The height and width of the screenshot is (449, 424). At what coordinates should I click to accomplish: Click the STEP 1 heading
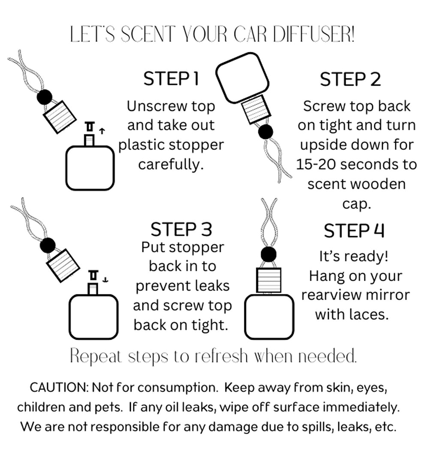(171, 78)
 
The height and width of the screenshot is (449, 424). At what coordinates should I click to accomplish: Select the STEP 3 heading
(181, 229)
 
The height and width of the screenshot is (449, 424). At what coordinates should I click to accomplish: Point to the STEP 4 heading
(354, 231)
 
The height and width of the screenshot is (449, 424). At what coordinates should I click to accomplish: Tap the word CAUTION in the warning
(59, 388)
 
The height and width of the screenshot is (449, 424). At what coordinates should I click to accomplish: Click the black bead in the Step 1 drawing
(45, 97)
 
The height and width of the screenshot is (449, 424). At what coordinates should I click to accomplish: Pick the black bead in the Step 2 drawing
(265, 132)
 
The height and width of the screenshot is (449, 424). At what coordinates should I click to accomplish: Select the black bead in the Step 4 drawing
(268, 254)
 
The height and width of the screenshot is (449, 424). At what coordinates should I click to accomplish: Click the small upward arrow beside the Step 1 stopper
(102, 131)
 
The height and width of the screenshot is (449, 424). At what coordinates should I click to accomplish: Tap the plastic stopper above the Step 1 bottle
(90, 126)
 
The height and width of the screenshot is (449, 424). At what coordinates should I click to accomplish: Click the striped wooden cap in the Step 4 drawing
(269, 280)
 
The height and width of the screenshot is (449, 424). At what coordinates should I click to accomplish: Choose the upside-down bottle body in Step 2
(242, 78)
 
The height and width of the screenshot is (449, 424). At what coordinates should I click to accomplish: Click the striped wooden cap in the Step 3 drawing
(63, 266)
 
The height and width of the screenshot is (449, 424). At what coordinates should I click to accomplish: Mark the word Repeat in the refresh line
(96, 356)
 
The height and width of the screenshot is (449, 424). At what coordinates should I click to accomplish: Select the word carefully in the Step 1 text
(171, 165)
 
